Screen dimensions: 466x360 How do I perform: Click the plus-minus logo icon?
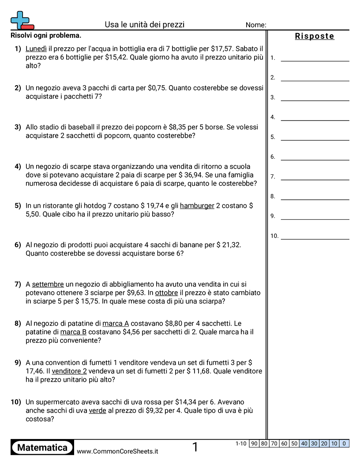click(21, 20)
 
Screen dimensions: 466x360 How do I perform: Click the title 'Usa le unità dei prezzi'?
click(145, 25)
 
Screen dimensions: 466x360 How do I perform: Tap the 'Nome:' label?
click(255, 25)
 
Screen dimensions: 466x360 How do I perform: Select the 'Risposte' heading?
click(315, 36)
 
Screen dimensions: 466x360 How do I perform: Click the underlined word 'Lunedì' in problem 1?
click(36, 49)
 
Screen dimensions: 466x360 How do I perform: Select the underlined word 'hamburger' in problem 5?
click(197, 206)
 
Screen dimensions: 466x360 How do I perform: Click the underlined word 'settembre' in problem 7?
click(48, 284)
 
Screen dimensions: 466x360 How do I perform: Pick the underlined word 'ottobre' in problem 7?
click(167, 293)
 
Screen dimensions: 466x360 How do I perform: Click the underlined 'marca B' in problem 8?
click(74, 332)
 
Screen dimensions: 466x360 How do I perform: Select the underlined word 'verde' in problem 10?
click(97, 410)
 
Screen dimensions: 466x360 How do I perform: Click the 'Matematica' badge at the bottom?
click(42, 448)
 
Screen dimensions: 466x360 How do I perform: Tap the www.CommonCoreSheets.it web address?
click(117, 451)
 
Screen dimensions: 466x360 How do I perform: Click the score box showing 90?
click(254, 443)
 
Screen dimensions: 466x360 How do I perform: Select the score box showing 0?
click(344, 443)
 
